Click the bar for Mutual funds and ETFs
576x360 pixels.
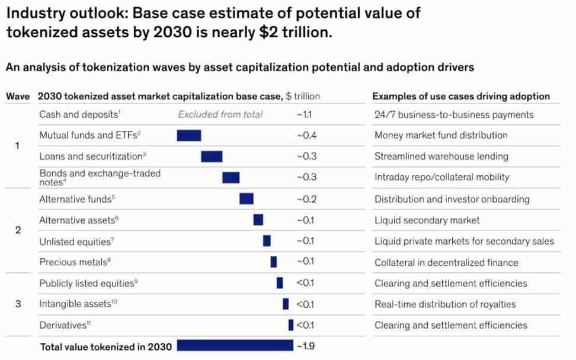189,136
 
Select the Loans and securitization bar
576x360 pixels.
212,156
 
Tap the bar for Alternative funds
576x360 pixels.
247,199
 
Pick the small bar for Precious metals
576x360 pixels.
274,262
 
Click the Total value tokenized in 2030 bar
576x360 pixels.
235,345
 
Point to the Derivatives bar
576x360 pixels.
291,325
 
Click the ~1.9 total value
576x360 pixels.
305,346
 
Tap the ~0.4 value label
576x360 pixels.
306,136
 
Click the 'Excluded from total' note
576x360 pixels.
220,114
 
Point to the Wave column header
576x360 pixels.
18,97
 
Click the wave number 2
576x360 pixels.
18,230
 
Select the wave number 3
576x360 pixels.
18,304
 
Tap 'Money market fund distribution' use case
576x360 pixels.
441,136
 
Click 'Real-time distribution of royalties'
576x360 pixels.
445,304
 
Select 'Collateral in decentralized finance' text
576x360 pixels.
446,262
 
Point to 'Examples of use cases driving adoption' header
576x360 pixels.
461,97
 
